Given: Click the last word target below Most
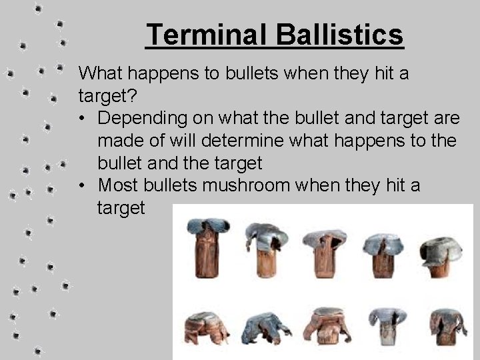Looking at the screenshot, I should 121,208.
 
